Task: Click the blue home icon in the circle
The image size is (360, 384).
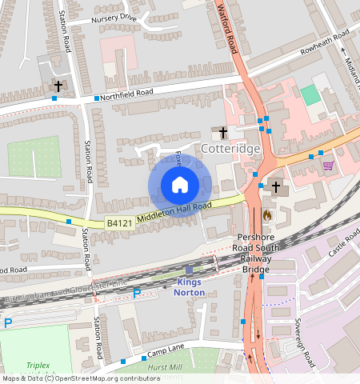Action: coord(180,185)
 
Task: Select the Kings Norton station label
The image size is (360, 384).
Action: coord(190,287)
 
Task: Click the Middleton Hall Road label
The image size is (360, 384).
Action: coord(173,211)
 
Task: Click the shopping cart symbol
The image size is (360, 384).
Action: coord(328,166)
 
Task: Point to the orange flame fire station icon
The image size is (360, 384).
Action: coord(266,214)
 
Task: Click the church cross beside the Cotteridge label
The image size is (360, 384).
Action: coord(222,133)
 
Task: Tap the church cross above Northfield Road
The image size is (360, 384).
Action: coord(58,85)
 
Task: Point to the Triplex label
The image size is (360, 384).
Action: coord(37,364)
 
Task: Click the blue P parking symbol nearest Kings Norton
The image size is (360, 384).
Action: coord(136,294)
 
